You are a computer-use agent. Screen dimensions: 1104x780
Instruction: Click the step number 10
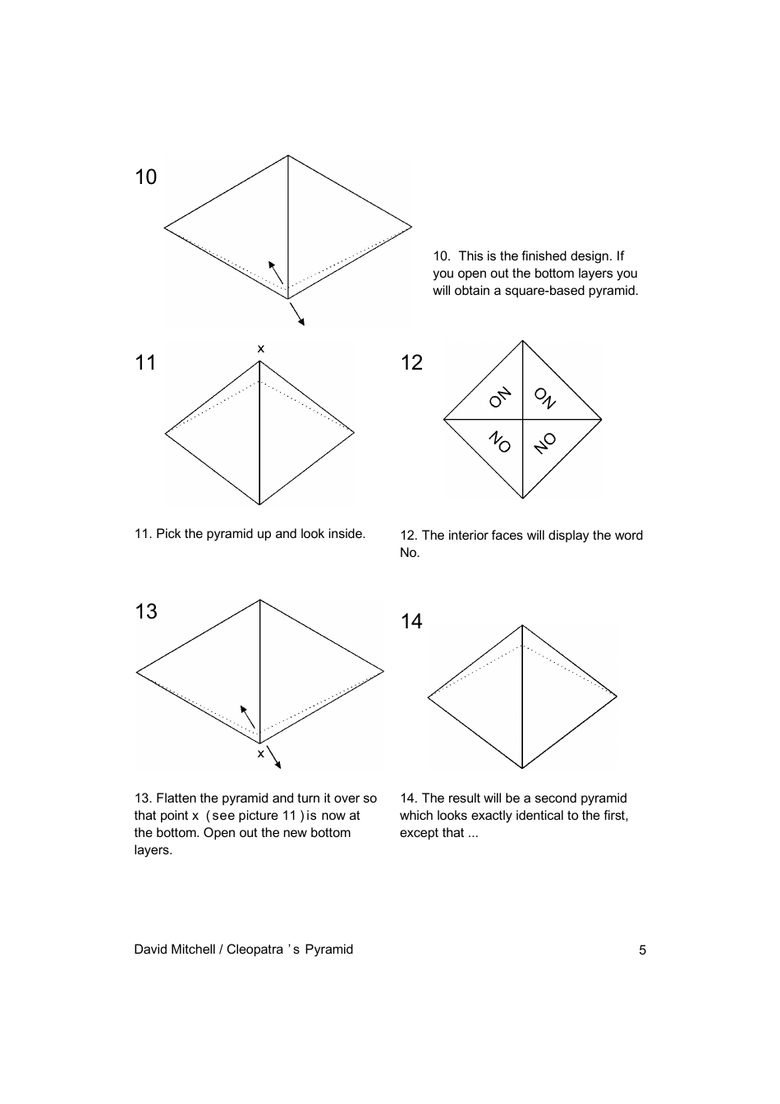point(145,177)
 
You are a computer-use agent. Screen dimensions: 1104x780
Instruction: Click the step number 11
point(145,363)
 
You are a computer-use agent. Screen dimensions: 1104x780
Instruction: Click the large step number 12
point(411,363)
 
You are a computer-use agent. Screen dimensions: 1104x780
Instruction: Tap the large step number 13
point(146,612)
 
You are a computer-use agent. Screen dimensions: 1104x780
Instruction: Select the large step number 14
point(411,622)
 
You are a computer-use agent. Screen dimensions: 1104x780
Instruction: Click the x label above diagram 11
point(261,349)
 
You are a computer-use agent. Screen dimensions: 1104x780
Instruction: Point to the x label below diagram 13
point(261,753)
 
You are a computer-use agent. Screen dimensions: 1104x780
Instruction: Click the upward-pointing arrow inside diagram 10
point(276,272)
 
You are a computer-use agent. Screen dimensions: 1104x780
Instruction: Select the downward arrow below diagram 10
point(297,314)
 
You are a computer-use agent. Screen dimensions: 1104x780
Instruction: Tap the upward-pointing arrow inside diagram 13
point(247,716)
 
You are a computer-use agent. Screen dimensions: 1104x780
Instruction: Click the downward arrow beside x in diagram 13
point(274,757)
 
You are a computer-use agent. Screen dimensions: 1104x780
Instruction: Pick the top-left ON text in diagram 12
point(500,398)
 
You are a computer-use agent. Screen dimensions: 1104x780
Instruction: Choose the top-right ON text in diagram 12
point(545,398)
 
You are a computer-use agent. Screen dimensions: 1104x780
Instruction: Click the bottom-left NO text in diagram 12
point(500,442)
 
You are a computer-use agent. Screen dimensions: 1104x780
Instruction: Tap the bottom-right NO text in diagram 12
point(545,443)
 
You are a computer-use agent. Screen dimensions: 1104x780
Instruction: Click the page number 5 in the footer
point(642,950)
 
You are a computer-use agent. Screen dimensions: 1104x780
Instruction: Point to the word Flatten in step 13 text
point(177,798)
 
